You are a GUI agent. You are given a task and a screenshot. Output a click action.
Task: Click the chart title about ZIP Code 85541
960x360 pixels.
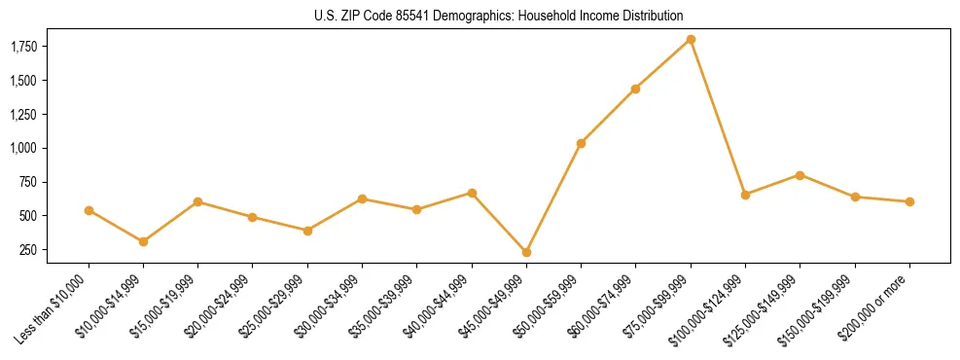point(498,16)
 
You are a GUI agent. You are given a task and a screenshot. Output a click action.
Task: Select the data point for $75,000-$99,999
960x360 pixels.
point(691,40)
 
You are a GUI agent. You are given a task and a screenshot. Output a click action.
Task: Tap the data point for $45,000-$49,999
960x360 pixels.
point(526,252)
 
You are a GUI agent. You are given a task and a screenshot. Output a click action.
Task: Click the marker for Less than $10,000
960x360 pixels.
point(89,210)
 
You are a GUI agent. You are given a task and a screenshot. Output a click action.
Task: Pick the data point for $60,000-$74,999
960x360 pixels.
point(635,89)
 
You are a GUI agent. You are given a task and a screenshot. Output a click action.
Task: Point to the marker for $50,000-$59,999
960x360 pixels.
point(581,143)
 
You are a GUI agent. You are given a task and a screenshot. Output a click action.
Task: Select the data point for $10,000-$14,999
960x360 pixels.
point(143,241)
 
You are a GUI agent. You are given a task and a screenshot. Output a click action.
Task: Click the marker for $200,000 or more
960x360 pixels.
point(909,201)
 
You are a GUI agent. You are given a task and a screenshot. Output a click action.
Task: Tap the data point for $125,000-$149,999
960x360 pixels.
point(800,175)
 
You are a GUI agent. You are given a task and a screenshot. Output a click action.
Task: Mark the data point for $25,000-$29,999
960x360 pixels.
point(307,231)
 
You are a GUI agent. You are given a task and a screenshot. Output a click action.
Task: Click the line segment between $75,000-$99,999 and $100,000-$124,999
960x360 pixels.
point(718,117)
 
